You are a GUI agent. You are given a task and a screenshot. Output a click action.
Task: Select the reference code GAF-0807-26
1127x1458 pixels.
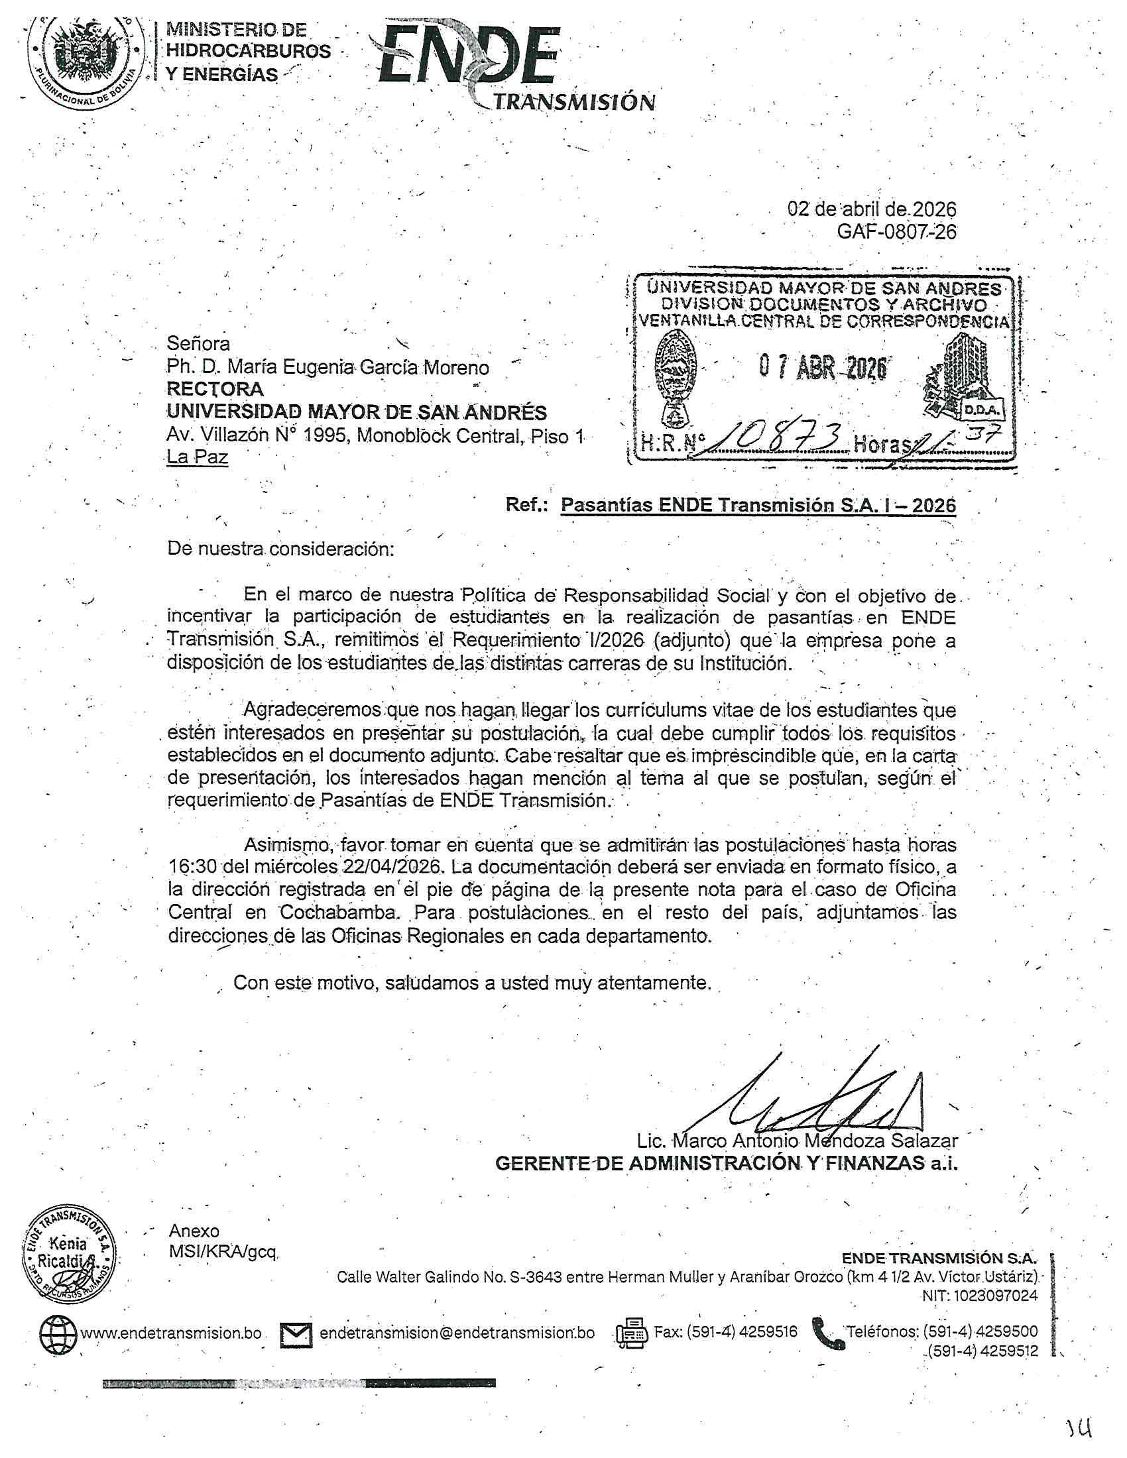tap(896, 232)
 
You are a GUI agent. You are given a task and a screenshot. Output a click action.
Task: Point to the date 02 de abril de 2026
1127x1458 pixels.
tap(871, 209)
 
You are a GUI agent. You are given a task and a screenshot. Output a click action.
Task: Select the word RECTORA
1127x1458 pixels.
tap(214, 388)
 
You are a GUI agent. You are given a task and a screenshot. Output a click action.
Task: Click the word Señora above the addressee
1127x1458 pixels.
tap(198, 343)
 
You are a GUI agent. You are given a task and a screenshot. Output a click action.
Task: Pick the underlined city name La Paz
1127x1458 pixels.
tap(197, 458)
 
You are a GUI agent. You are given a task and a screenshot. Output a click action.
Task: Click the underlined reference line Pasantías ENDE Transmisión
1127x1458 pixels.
tap(758, 505)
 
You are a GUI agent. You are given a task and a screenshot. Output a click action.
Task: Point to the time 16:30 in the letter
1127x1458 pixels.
tap(190, 868)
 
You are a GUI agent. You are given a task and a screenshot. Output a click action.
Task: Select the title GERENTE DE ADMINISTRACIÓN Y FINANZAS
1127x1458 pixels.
tap(726, 1164)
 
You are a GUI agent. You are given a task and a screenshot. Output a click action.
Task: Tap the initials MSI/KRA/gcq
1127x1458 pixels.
tap(222, 1253)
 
